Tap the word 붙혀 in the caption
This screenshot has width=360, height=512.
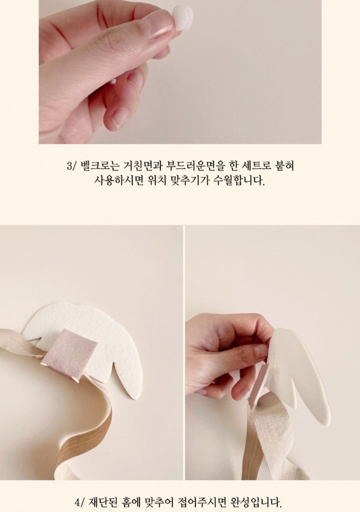click(283, 166)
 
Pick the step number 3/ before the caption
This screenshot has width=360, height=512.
click(71, 166)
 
